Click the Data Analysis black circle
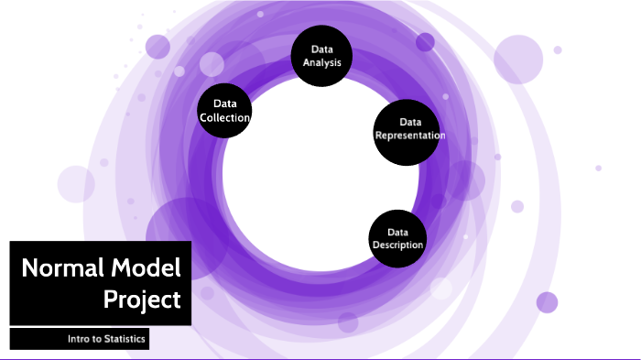point(321,56)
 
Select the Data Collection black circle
point(224,111)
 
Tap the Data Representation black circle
point(407,132)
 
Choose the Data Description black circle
point(397,238)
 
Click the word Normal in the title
point(62,268)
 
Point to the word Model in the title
point(146,268)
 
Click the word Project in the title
point(142,300)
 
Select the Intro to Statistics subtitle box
point(80,339)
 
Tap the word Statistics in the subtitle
point(125,339)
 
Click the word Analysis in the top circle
point(322,63)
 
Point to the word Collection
point(225,118)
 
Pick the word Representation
point(410,136)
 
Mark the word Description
point(397,245)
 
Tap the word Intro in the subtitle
point(77,339)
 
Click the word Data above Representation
point(410,122)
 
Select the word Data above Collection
point(225,104)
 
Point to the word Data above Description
point(397,233)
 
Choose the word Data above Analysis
point(322,49)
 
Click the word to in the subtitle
point(95,339)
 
